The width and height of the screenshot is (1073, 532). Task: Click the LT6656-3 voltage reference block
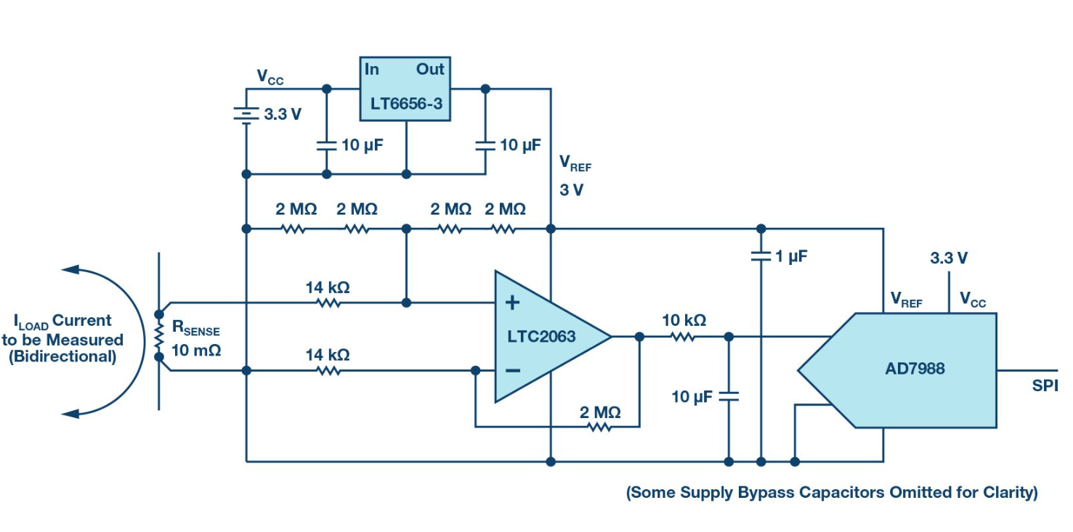pyautogui.click(x=405, y=89)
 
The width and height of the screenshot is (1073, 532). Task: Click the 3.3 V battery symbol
pyautogui.click(x=246, y=114)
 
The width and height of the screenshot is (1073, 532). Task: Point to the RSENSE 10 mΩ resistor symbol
pyautogui.click(x=159, y=335)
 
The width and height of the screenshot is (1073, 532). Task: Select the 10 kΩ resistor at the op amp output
pyautogui.click(x=683, y=336)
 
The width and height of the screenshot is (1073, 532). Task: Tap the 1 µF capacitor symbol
pyautogui.click(x=761, y=256)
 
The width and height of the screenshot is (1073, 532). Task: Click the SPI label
pyautogui.click(x=1045, y=386)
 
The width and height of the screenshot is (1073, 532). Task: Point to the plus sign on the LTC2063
pyautogui.click(x=513, y=303)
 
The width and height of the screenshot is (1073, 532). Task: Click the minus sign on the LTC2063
pyautogui.click(x=513, y=370)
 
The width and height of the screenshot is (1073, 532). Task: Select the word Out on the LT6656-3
pyautogui.click(x=430, y=70)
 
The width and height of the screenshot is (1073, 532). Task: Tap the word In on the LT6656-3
pyautogui.click(x=372, y=70)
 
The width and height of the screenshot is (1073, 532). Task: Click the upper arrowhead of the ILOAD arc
pyautogui.click(x=70, y=269)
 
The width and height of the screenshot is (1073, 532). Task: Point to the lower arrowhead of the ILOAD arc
pyautogui.click(x=70, y=414)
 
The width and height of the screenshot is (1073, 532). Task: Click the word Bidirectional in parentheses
pyautogui.click(x=62, y=357)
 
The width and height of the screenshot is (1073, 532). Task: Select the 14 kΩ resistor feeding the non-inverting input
pyautogui.click(x=328, y=302)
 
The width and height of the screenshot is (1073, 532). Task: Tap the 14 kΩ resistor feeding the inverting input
pyautogui.click(x=328, y=370)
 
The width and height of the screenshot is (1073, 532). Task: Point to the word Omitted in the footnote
pyautogui.click(x=894, y=493)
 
